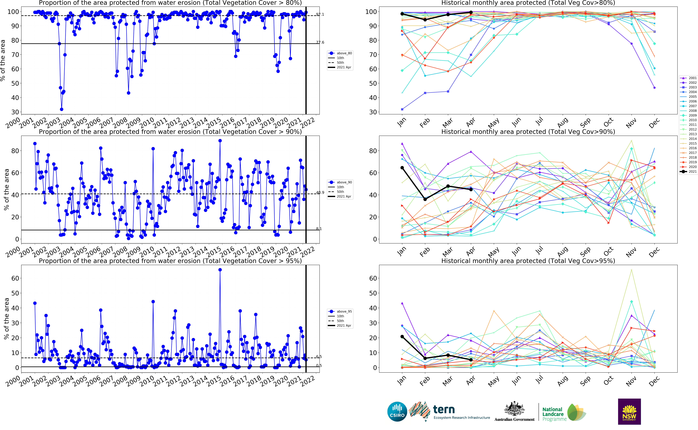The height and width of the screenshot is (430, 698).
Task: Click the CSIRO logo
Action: [397, 412]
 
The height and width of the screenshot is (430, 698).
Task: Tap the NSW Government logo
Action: [629, 412]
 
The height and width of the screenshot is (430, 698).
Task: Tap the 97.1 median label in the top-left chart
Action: [320, 15]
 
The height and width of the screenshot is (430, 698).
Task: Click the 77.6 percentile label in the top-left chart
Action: [320, 42]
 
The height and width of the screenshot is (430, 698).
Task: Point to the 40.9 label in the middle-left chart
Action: [320, 193]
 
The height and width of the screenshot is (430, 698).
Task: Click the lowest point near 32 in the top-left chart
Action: [61, 109]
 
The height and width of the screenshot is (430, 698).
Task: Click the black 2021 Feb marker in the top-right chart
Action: [425, 20]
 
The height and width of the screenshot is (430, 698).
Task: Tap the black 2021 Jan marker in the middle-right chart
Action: [402, 168]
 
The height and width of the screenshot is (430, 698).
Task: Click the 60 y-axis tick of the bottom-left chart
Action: [15, 278]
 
